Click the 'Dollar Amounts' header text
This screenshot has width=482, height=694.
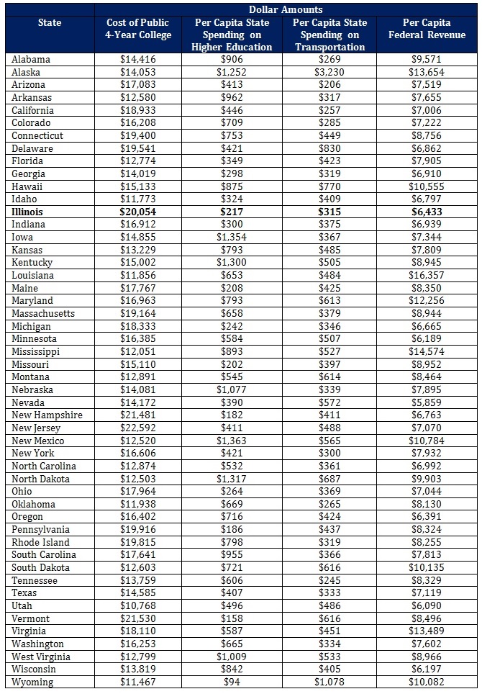pos(286,9)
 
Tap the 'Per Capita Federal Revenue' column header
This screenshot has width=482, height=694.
pos(429,29)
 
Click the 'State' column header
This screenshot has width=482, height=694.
pos(50,22)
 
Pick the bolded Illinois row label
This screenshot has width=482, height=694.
pos(27,212)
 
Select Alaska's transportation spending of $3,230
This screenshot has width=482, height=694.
pos(329,72)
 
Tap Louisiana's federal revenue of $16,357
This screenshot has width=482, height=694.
pos(429,275)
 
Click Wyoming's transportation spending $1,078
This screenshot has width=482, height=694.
pos(329,682)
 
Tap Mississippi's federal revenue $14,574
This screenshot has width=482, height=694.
pos(429,351)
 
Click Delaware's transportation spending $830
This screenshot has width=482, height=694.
pos(329,148)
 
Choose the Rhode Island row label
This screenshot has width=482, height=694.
pos(40,542)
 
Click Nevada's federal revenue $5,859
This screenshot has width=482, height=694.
pos(429,402)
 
